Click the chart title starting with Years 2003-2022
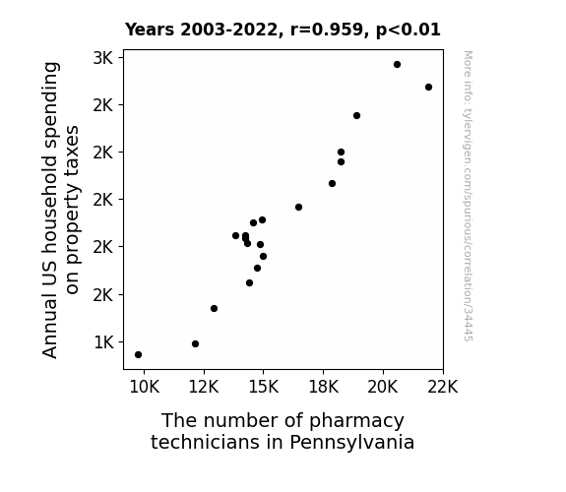click(x=283, y=30)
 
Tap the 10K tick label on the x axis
click(x=144, y=388)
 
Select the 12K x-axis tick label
click(x=204, y=388)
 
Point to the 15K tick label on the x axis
click(x=264, y=388)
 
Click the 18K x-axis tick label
click(x=324, y=388)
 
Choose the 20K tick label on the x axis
click(x=383, y=388)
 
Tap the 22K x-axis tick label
click(x=443, y=388)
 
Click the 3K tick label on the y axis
click(x=103, y=58)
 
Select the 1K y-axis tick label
click(x=104, y=342)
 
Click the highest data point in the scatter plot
click(x=397, y=65)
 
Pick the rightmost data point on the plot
click(x=428, y=87)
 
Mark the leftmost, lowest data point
click(x=138, y=355)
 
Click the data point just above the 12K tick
click(x=195, y=344)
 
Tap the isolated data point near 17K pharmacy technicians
click(x=298, y=208)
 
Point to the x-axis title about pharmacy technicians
click(x=283, y=431)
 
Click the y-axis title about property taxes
click(x=61, y=210)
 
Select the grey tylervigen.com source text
click(x=469, y=196)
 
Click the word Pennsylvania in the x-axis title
click(x=352, y=442)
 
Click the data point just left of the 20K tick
click(x=356, y=116)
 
